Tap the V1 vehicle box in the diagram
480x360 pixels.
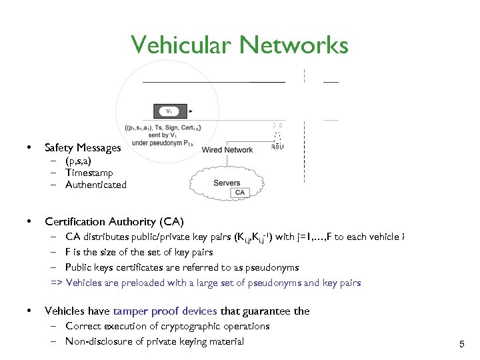(171, 111)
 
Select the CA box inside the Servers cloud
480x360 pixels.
(240, 193)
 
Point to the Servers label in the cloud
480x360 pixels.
(227, 183)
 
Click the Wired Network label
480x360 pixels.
(227, 150)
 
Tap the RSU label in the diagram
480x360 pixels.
(277, 147)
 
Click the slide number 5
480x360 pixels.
(461, 344)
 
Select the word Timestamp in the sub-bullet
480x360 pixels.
(89, 173)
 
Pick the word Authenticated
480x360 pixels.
(96, 185)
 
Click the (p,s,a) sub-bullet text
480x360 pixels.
(78, 161)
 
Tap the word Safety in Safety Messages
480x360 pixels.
(59, 147)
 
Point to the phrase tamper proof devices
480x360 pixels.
(165, 311)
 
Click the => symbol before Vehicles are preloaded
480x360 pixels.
(57, 283)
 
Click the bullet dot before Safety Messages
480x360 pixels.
(28, 147)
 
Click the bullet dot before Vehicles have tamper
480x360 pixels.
(28, 311)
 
